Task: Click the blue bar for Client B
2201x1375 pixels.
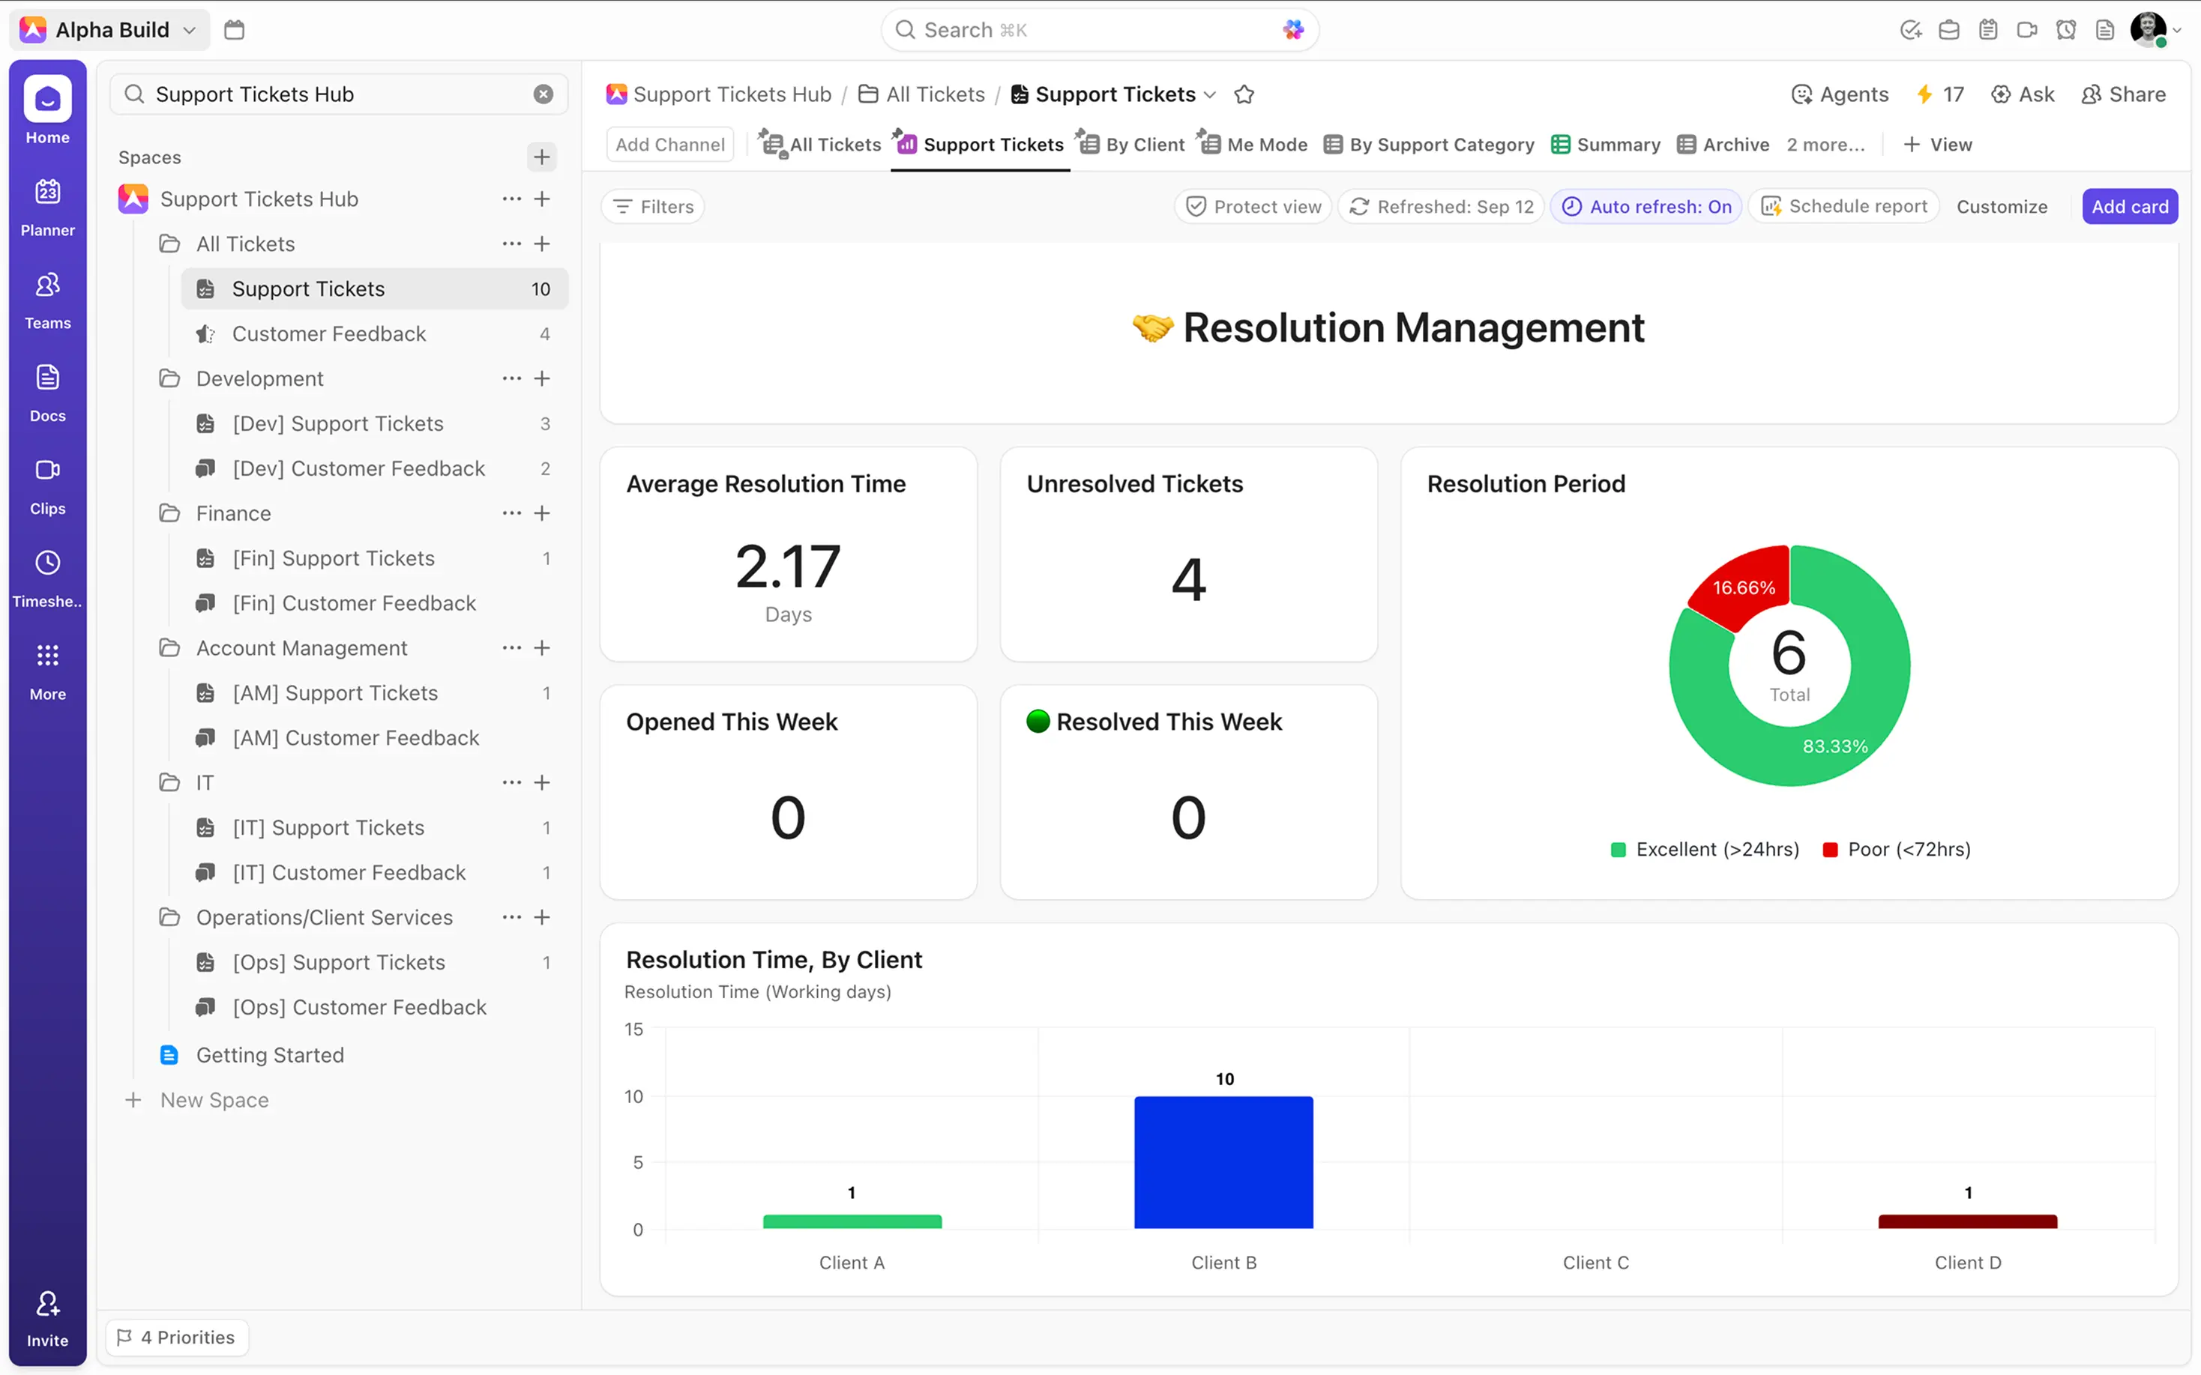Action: pos(1223,1162)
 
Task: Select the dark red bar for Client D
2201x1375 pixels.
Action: pos(1967,1221)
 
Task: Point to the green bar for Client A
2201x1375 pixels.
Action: pos(852,1221)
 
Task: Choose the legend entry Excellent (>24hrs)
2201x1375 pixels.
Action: pos(1705,850)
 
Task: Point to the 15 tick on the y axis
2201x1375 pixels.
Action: pos(634,1030)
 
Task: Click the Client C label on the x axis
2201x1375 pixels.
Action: pos(1595,1263)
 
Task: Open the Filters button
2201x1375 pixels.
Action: pos(653,206)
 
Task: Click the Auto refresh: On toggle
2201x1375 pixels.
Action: pos(1646,206)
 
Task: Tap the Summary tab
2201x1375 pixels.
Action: pos(1607,145)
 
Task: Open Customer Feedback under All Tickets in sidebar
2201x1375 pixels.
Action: pos(328,333)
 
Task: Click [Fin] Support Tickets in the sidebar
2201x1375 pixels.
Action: pos(333,558)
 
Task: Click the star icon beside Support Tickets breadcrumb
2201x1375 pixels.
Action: pos(1244,94)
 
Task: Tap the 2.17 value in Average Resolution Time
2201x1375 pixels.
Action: pos(788,566)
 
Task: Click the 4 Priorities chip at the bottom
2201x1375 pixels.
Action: pos(178,1337)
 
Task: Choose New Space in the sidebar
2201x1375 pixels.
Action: pos(214,1100)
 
